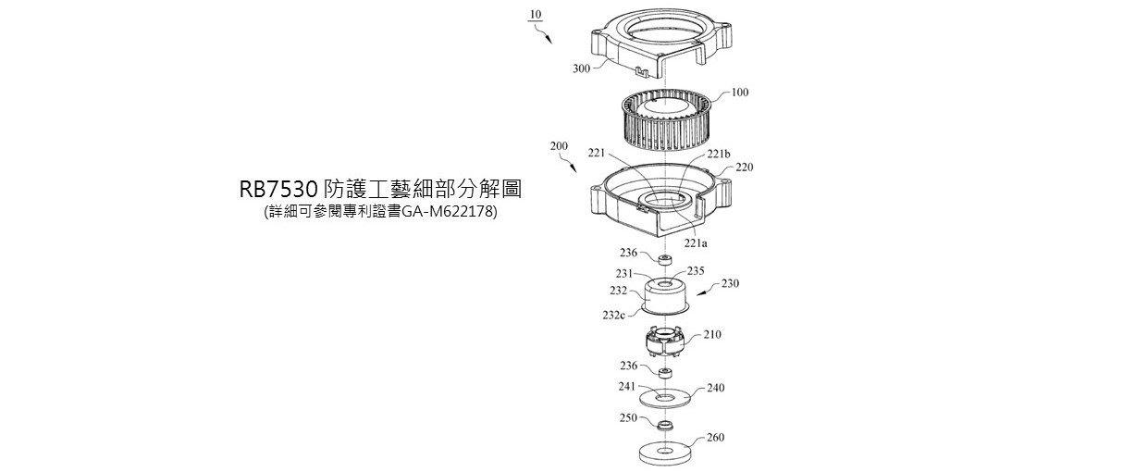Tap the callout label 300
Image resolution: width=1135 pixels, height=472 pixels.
click(x=582, y=68)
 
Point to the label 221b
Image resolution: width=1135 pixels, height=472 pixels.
click(x=719, y=155)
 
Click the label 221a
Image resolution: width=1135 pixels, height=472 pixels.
click(x=696, y=243)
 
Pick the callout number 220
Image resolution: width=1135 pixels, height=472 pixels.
click(x=744, y=168)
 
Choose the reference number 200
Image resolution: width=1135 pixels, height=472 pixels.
click(x=559, y=146)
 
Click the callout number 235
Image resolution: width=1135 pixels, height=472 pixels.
click(x=696, y=271)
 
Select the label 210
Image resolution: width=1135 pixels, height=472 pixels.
click(x=711, y=334)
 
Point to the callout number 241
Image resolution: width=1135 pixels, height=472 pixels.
click(x=626, y=385)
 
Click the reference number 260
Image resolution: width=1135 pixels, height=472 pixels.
click(x=716, y=438)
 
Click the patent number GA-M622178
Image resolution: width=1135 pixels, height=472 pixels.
click(x=449, y=213)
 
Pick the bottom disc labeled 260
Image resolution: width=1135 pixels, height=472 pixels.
click(x=666, y=454)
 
